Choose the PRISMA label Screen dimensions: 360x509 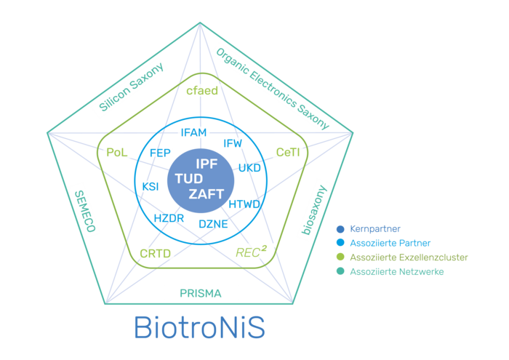coord(201,293)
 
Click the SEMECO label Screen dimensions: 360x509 coord(84,210)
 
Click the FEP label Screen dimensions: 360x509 coord(159,153)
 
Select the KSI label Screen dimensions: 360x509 coord(151,187)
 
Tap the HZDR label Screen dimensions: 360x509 coord(169,218)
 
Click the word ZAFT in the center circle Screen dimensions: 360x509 coord(207,193)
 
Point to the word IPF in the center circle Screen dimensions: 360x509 coord(207,164)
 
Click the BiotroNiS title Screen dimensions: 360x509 coord(200,328)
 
